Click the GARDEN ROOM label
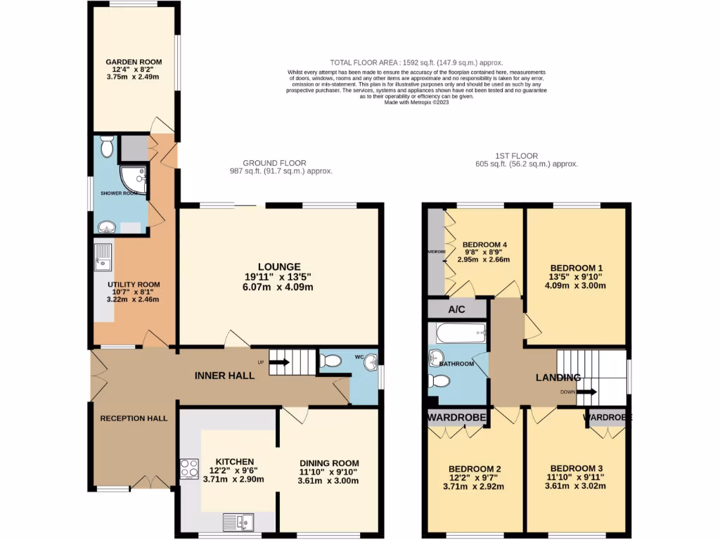[x=134, y=63]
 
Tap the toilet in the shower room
[x=107, y=148]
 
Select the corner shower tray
[x=135, y=179]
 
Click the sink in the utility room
[x=103, y=257]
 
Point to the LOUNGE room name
[x=278, y=267]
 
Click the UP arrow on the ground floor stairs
[x=278, y=363]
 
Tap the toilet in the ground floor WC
[x=329, y=361]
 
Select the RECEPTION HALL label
[x=134, y=418]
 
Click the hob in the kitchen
[x=189, y=468]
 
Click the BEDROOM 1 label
[x=577, y=268]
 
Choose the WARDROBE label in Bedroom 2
[x=457, y=418]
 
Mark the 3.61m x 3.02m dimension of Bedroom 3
[x=577, y=486]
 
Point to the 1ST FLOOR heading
[x=517, y=156]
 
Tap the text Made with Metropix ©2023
[x=416, y=102]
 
